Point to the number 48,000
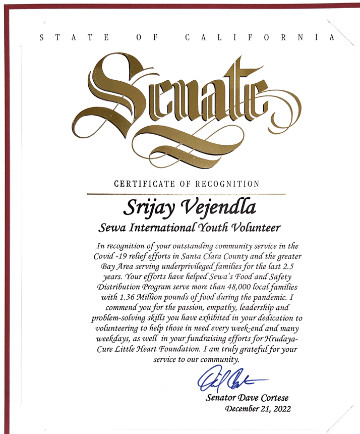(236, 288)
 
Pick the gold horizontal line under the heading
(186, 193)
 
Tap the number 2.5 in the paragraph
(290, 266)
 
